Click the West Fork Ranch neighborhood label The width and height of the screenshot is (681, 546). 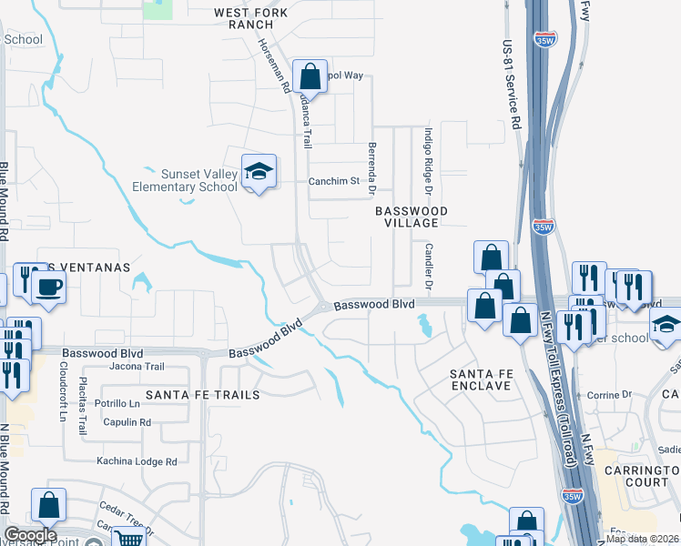pos(250,19)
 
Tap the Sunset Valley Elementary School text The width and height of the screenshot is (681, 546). pos(186,180)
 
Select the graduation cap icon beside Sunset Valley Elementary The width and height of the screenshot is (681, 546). pos(259,172)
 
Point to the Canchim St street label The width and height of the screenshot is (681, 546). pos(335,181)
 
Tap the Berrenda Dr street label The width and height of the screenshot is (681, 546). pos(371,168)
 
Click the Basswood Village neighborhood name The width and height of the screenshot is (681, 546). pos(412,217)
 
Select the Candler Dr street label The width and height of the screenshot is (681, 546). pos(425,263)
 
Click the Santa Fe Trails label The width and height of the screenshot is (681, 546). pos(203,395)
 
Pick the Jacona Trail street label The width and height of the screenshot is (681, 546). pos(136,367)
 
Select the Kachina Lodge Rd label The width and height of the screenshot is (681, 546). pos(137,461)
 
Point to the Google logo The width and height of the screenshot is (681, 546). pos(30,535)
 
